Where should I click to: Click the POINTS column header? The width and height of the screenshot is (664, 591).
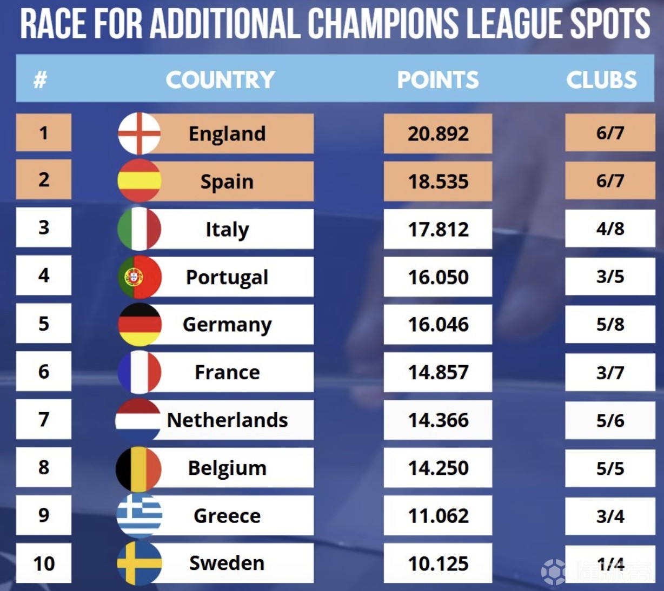[438, 80]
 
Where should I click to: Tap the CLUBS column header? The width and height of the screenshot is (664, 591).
[601, 80]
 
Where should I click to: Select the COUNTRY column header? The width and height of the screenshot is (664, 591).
[220, 80]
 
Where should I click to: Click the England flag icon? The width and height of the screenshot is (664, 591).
[140, 133]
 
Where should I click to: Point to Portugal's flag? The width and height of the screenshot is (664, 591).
[140, 277]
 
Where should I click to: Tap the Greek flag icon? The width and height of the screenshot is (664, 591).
[140, 515]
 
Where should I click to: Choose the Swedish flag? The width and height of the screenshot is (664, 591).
[140, 563]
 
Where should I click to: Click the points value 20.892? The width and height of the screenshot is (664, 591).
[438, 133]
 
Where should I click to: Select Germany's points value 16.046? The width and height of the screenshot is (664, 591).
[438, 325]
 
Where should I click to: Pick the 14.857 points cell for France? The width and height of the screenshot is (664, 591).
[438, 372]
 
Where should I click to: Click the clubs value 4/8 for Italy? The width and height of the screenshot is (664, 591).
[610, 229]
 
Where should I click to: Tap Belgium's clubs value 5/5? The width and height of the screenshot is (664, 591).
[610, 468]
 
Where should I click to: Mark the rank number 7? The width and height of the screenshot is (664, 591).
[44, 420]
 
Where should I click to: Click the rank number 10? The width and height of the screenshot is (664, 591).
[44, 563]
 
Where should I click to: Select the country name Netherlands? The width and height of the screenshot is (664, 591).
[227, 420]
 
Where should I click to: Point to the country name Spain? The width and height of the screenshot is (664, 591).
[227, 182]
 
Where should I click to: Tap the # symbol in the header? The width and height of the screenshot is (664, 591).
[40, 80]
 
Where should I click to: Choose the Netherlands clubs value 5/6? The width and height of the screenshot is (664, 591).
[610, 420]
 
